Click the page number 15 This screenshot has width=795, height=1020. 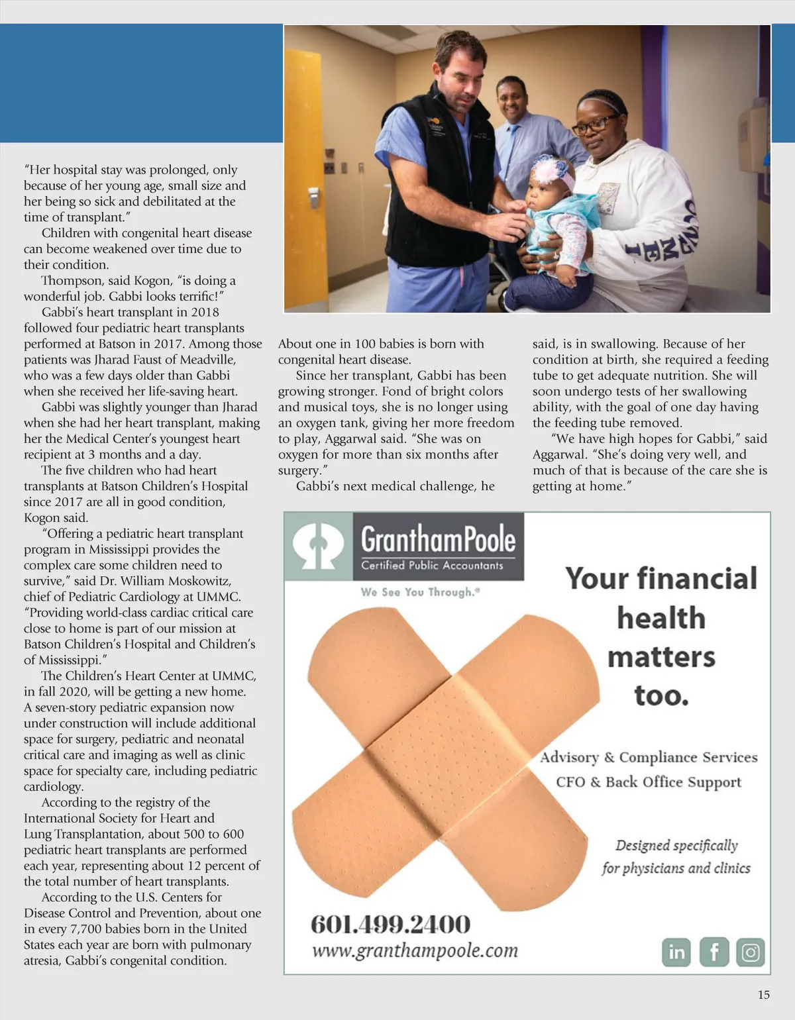(x=764, y=995)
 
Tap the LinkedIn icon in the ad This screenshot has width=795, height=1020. (x=676, y=952)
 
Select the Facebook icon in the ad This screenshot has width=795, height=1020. (x=714, y=952)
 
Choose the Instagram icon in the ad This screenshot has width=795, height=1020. (x=751, y=952)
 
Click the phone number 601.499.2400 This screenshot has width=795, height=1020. (x=391, y=924)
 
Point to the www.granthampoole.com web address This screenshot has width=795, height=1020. (x=415, y=951)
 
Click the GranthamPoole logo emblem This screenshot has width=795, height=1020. (x=319, y=546)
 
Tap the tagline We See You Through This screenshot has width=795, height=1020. (x=420, y=592)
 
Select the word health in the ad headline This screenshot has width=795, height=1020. (x=661, y=618)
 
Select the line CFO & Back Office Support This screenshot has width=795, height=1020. (x=648, y=782)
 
